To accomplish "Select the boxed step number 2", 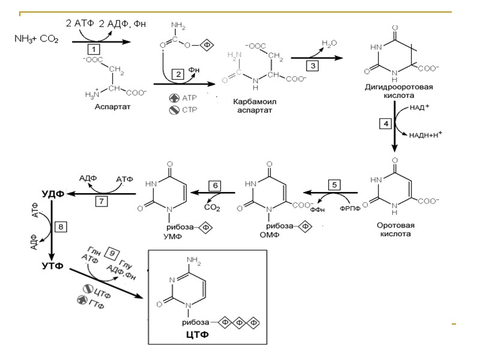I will pos(178,74).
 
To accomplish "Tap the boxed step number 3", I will pos(313,64).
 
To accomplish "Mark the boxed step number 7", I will pos(102,201).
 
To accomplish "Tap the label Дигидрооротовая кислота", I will pos(398,91).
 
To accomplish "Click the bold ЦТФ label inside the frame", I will pos(197,334).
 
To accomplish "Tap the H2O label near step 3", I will pos(329,43).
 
